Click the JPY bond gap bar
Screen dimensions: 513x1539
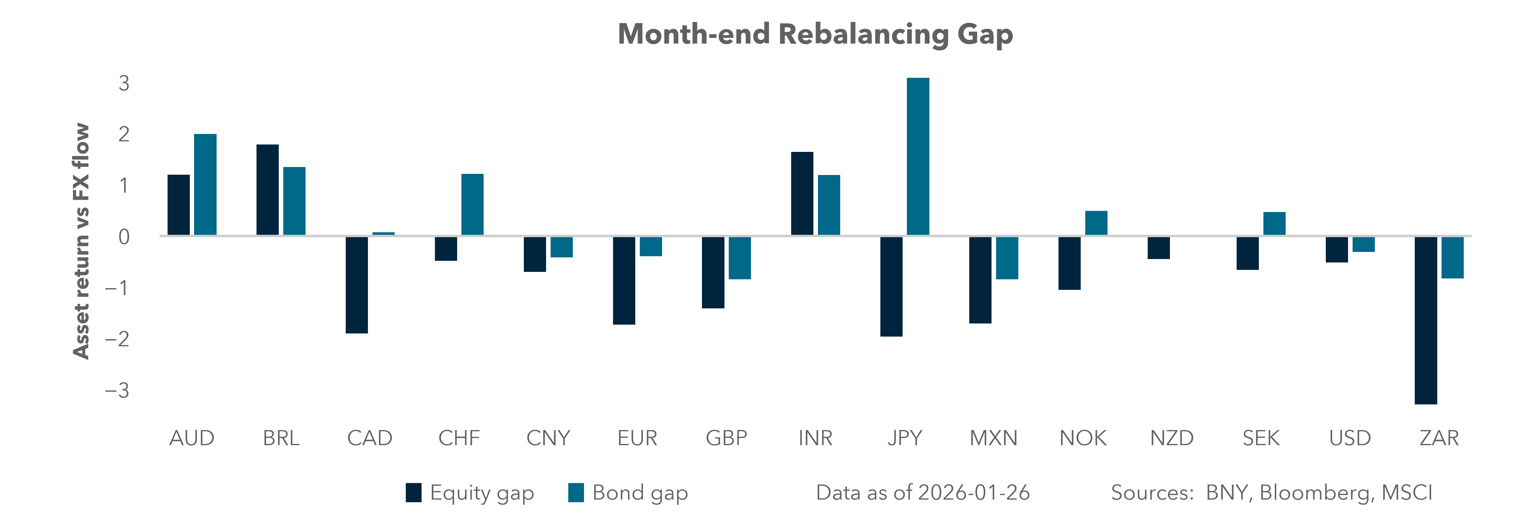click(918, 156)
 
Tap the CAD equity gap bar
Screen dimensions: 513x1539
click(357, 285)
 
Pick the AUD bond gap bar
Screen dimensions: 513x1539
click(205, 184)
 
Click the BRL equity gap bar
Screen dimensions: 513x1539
click(267, 190)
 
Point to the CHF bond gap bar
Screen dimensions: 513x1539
click(472, 205)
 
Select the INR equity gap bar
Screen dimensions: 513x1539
click(802, 194)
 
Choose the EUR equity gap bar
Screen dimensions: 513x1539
click(624, 281)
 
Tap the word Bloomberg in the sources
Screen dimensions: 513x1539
click(1316, 493)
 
